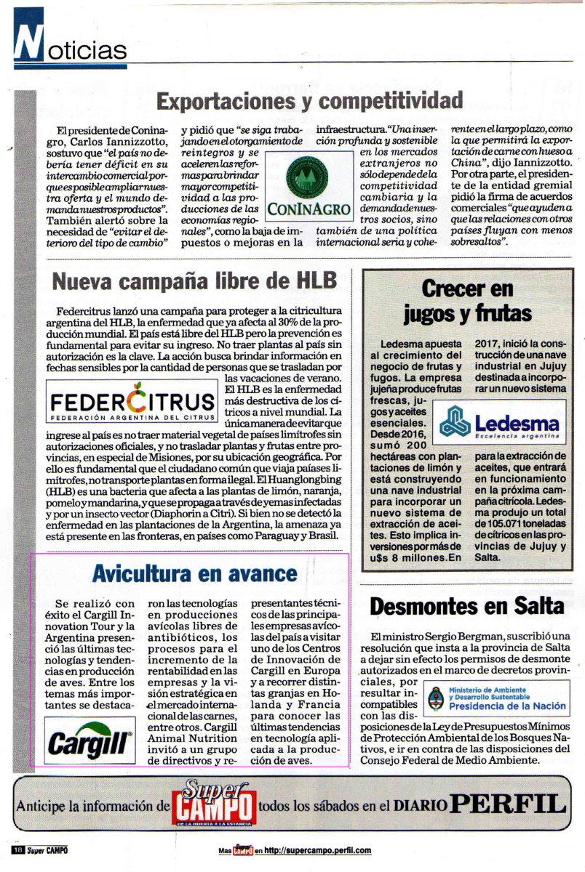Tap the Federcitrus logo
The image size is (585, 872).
132,404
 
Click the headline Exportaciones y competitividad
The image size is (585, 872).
309,99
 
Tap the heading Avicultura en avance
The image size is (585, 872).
195,573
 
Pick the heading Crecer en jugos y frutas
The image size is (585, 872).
466,301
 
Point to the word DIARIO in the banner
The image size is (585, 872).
420,805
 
